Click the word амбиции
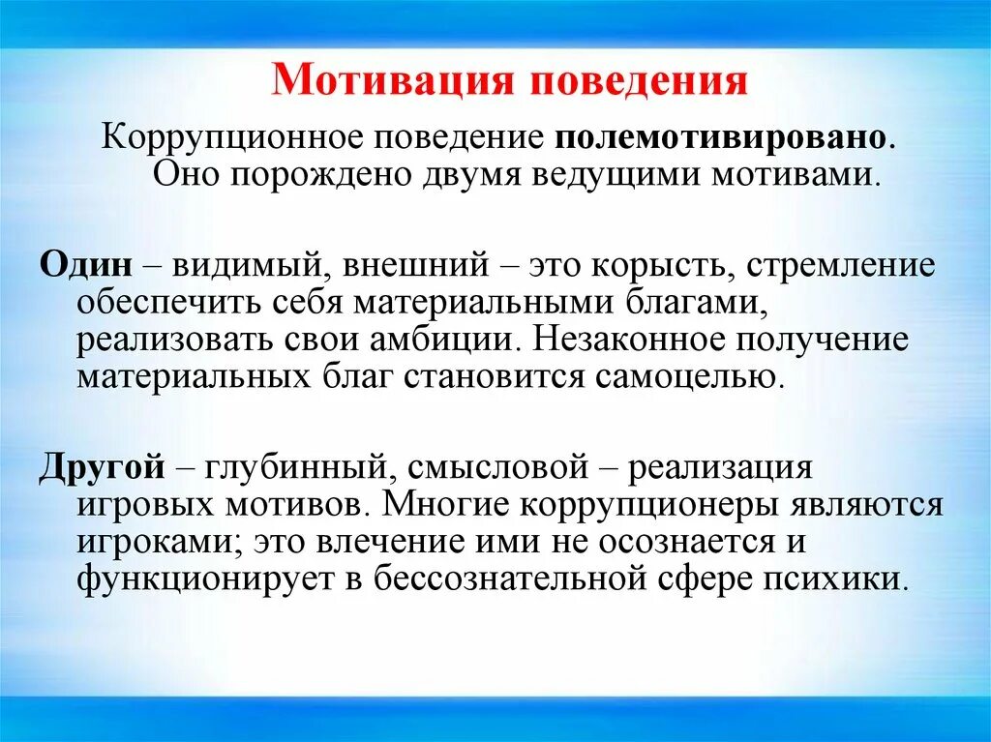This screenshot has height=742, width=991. click(453, 341)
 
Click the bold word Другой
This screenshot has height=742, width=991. click(99, 467)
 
